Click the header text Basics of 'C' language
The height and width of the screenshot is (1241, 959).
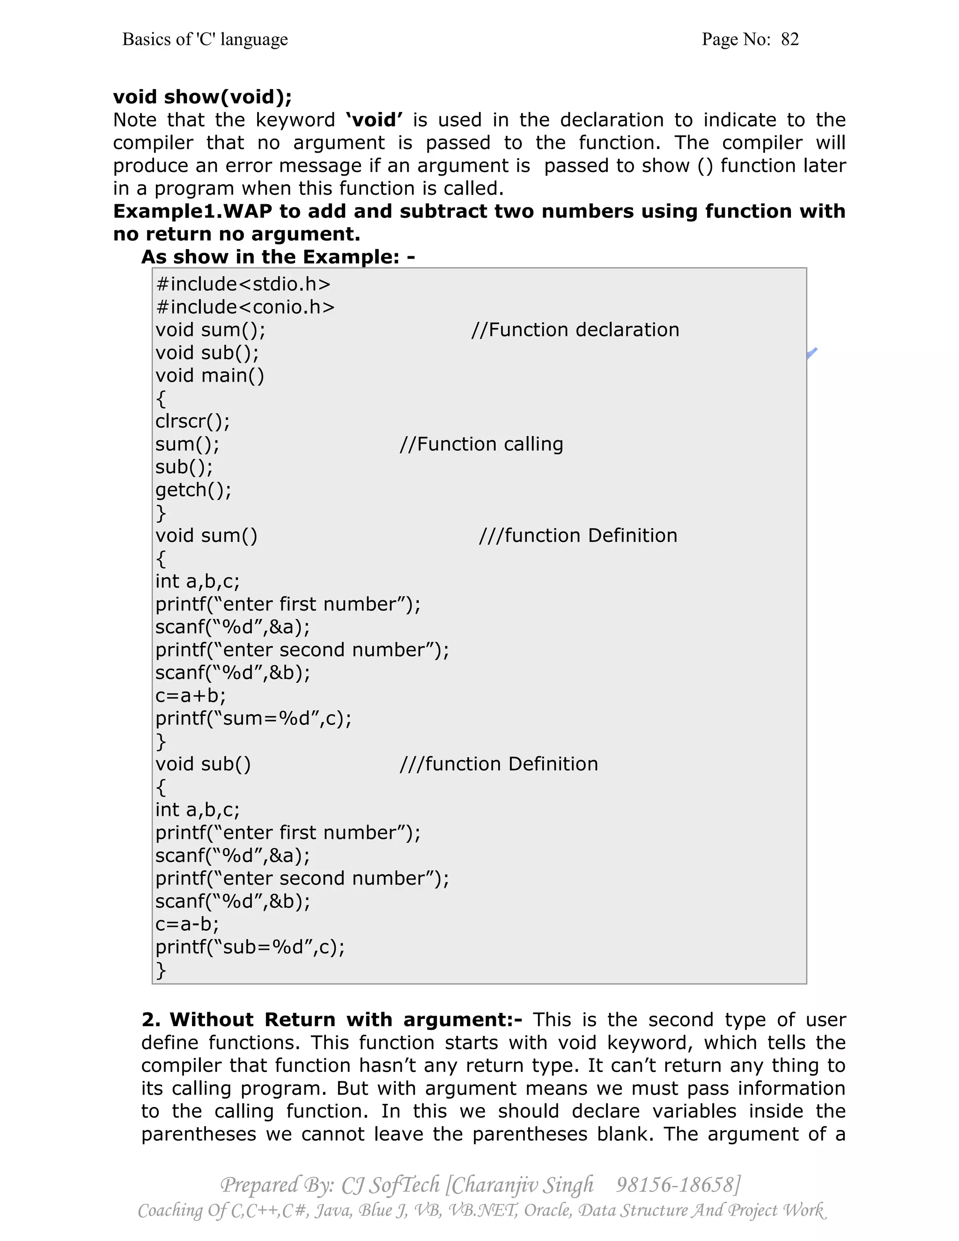[x=205, y=39]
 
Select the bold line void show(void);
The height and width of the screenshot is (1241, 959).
[x=202, y=96]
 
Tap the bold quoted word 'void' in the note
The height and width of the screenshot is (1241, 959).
[x=375, y=120]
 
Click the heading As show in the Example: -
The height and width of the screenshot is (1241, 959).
[x=278, y=257]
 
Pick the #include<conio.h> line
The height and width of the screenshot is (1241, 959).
[x=245, y=307]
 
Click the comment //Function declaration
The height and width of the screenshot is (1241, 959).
[x=575, y=330]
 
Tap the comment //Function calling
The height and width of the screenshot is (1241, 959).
[x=481, y=444]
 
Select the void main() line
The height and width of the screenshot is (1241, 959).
[x=210, y=376]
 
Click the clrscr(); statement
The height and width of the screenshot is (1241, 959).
[x=192, y=421]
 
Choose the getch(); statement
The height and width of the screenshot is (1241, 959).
[x=193, y=490]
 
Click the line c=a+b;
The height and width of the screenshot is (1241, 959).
[x=190, y=695]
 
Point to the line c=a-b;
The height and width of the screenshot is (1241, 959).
[x=187, y=924]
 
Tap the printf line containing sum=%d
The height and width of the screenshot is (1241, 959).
[x=253, y=718]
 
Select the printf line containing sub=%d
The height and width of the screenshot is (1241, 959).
[x=250, y=946]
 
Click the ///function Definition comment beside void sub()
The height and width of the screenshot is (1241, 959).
[x=498, y=764]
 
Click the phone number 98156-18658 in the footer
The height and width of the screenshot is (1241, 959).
[x=677, y=1185]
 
